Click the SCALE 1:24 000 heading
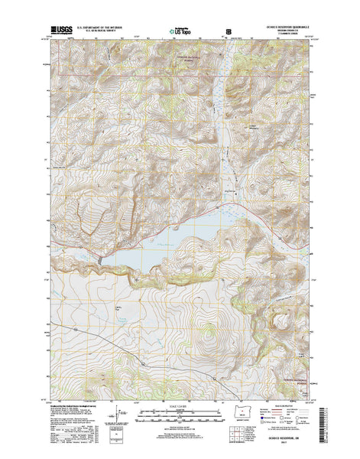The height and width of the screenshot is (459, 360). (180, 405)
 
